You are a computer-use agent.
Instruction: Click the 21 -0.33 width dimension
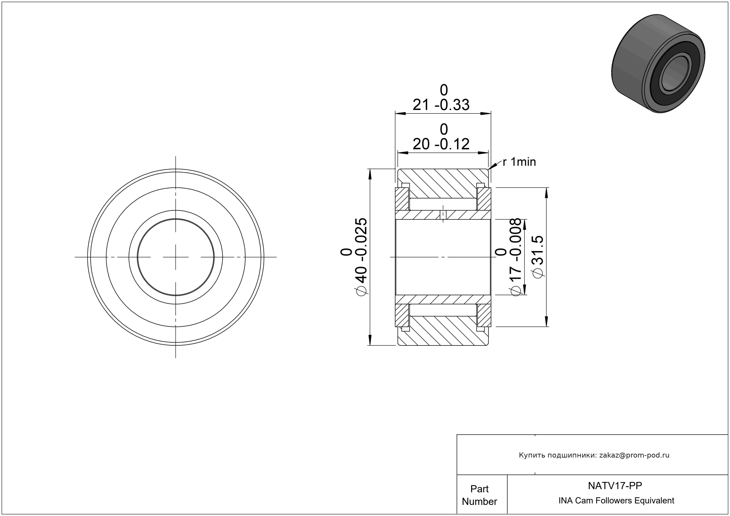[x=441, y=98]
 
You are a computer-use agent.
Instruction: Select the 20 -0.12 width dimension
[x=441, y=137]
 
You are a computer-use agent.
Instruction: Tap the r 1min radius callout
[x=519, y=162]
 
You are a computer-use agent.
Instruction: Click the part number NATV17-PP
[x=615, y=485]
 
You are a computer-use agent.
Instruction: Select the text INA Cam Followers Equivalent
[x=616, y=500]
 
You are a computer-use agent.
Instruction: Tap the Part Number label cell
[x=479, y=495]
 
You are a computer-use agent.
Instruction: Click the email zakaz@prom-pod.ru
[x=634, y=455]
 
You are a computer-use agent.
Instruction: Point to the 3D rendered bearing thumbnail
[x=658, y=63]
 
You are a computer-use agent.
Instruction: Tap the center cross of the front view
[x=176, y=257]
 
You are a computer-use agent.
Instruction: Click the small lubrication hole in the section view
[x=443, y=215]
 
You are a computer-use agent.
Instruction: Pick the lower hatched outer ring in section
[x=443, y=331]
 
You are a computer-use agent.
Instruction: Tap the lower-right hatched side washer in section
[x=484, y=315]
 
